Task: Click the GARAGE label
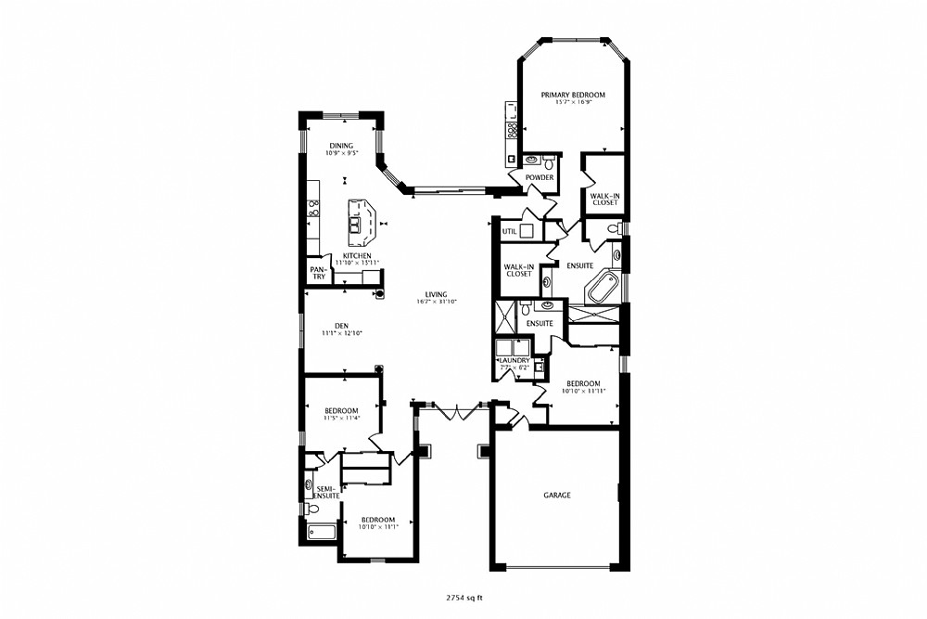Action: (557, 496)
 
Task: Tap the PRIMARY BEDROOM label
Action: (574, 95)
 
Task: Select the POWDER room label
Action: (540, 178)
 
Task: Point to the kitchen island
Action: (361, 220)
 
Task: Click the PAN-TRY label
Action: (318, 274)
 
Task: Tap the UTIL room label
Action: (509, 231)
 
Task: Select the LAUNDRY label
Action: (514, 360)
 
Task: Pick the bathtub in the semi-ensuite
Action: (323, 533)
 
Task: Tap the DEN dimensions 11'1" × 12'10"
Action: (341, 333)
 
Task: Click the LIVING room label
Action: (436, 294)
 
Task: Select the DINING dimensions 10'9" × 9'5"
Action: (342, 154)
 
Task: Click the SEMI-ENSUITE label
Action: (326, 493)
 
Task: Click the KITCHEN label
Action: (357, 256)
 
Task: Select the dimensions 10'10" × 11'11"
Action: (584, 391)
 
